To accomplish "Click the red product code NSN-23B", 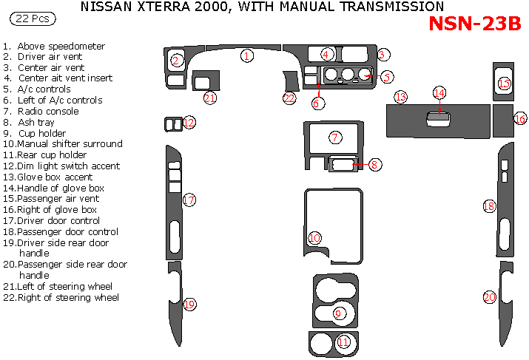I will [475, 24].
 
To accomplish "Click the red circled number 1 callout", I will [247, 55].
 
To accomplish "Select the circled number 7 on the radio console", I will [335, 137].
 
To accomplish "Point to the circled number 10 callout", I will [314, 238].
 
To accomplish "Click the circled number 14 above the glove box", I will [439, 93].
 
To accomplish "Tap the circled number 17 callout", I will [189, 200].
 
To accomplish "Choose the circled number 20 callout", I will [489, 297].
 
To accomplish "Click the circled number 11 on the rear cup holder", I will [343, 342].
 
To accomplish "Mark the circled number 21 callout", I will [210, 98].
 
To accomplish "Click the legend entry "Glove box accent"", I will [55, 177].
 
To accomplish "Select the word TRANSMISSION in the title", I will [385, 7].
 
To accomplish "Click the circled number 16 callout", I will [520, 118].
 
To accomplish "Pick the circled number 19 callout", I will [189, 305].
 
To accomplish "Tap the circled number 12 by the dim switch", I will [189, 123].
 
